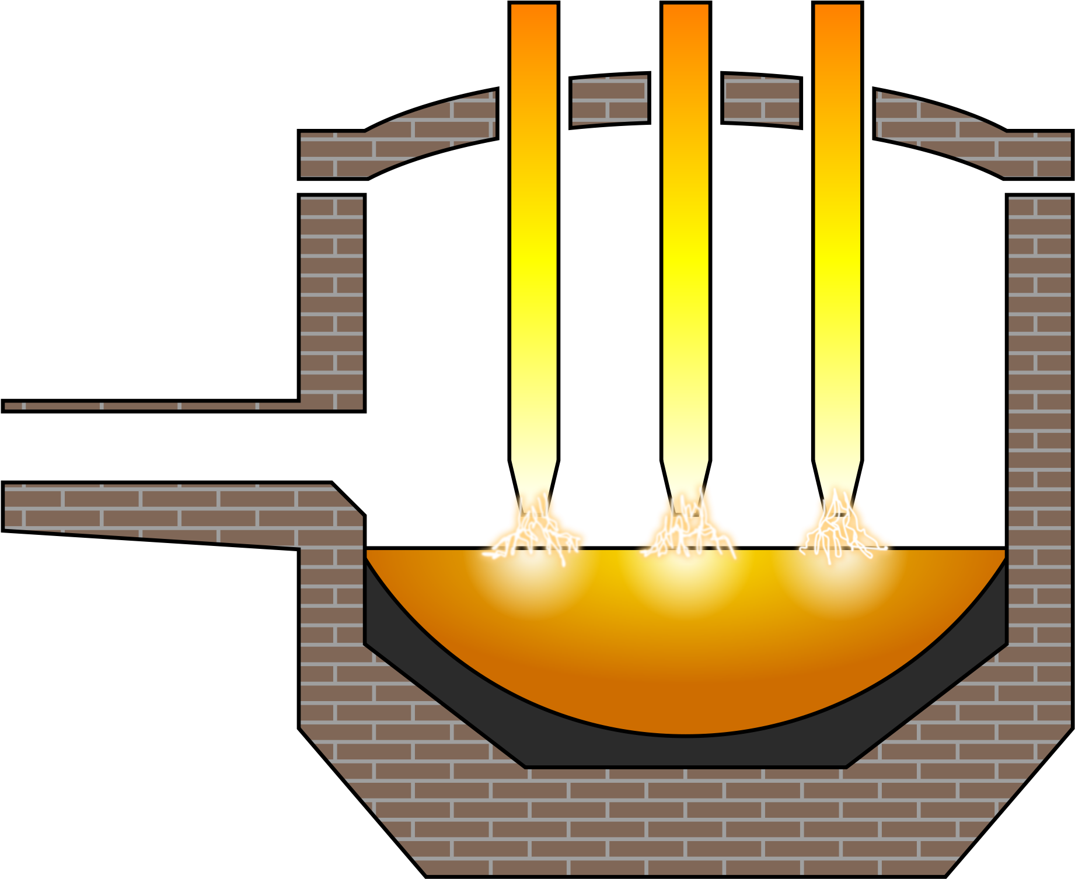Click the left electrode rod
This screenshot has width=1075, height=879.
point(533,233)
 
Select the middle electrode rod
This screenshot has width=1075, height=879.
point(685,233)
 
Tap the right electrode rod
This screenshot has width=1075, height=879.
point(837,233)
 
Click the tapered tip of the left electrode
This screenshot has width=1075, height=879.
point(533,478)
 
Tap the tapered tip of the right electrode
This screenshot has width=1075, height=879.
point(837,478)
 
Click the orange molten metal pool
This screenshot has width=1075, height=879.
point(686,653)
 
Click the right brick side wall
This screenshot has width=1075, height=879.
point(1039,408)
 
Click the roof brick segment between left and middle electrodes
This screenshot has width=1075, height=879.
point(609,101)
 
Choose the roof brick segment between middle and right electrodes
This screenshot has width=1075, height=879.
point(761,101)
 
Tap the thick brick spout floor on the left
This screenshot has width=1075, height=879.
point(175,510)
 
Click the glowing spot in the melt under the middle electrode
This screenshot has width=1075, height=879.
point(686,577)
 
